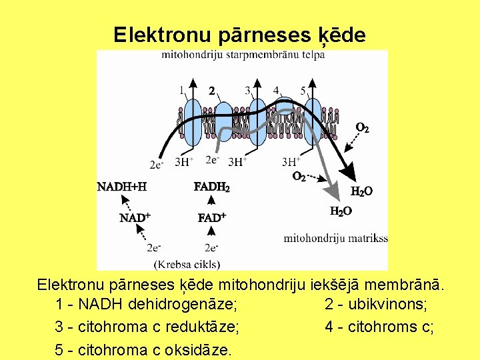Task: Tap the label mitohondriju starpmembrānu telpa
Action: [x=243, y=55]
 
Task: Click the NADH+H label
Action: [x=122, y=187]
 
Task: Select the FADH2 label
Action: [x=211, y=187]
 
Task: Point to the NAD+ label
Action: [x=135, y=217]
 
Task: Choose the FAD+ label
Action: [x=212, y=217]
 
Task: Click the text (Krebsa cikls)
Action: [x=187, y=263]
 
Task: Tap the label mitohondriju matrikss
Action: [x=335, y=238]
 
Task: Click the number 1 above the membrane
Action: [x=181, y=89]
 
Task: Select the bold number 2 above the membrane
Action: [x=212, y=90]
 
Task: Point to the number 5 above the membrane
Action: [x=303, y=90]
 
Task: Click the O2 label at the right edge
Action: [x=362, y=127]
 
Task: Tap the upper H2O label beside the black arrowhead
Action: [x=361, y=191]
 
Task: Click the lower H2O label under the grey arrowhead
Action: [x=341, y=211]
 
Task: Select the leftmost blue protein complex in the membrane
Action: [x=192, y=123]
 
